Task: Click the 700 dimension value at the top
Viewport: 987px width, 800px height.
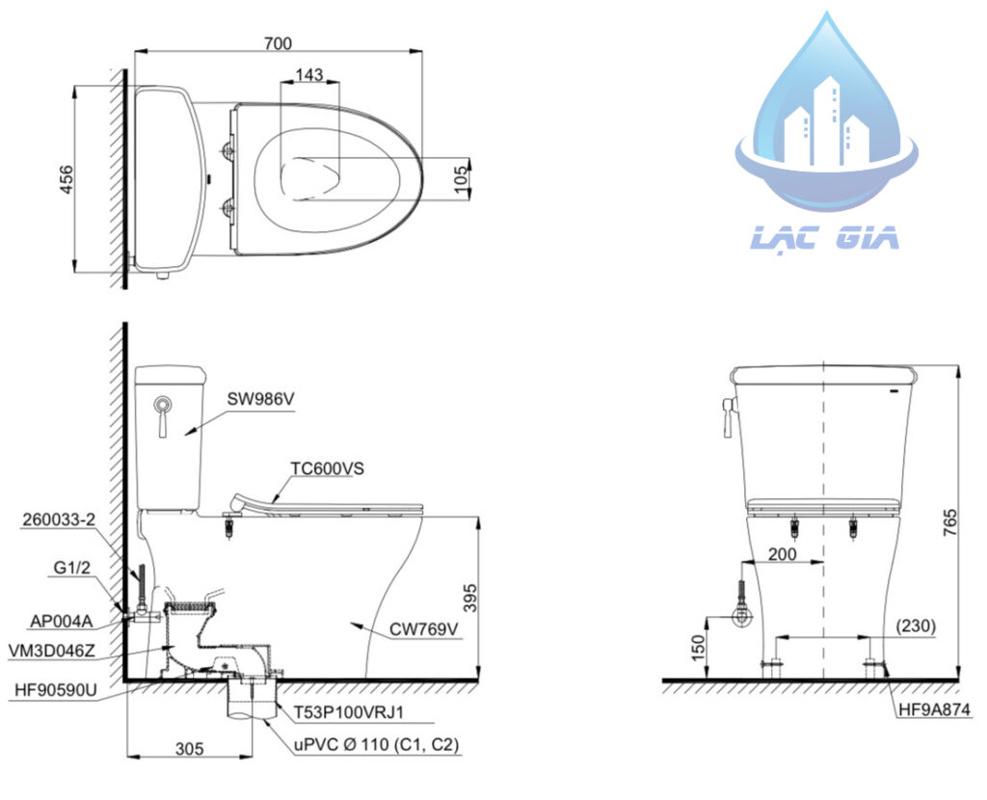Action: coord(278,42)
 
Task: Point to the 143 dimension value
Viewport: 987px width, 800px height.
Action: coord(309,74)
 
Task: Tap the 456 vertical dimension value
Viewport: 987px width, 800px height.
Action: coord(67,178)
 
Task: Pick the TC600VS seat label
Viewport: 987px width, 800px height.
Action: coord(328,469)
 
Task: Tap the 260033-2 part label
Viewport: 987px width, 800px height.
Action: coord(59,520)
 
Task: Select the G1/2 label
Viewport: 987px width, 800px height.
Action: coord(71,568)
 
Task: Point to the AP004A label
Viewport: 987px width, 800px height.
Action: coord(61,622)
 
